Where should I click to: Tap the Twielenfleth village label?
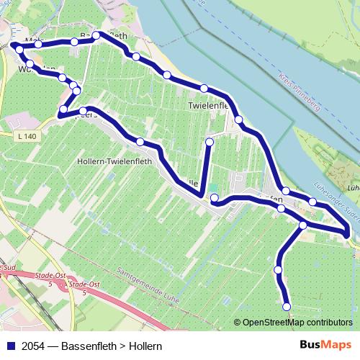[208, 105]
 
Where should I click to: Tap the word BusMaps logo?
[325, 345]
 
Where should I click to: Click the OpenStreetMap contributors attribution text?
[297, 323]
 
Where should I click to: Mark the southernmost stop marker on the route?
[287, 307]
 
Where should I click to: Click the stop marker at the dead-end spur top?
[210, 143]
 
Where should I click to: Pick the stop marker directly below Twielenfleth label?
[238, 120]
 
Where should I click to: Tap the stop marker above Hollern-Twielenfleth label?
[140, 142]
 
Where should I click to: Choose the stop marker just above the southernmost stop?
[278, 270]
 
